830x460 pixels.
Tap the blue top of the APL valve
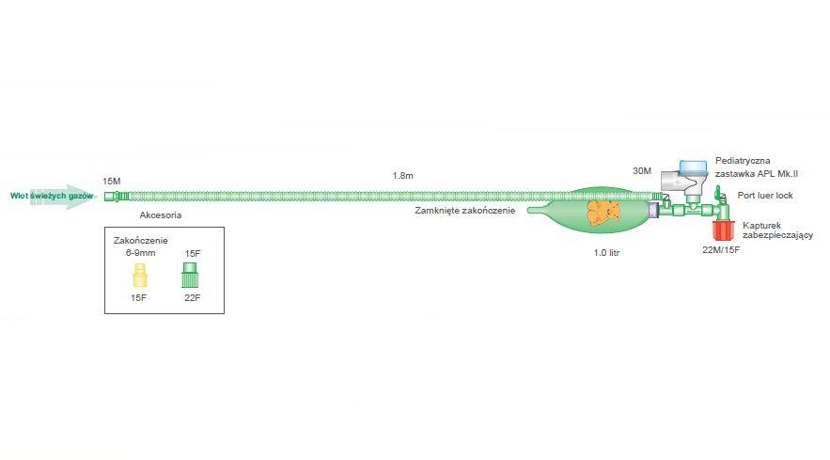tap(694, 167)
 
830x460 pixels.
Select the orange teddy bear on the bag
tap(602, 212)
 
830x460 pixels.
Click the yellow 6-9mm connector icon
tap(142, 276)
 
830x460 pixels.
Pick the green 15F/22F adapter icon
tap(190, 277)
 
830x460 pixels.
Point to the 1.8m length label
tap(403, 176)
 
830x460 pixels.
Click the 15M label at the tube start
tap(112, 180)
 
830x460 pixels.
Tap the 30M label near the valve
tap(642, 171)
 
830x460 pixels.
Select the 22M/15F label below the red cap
tap(721, 250)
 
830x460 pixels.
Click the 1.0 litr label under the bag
tap(606, 253)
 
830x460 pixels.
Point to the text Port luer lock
tap(766, 196)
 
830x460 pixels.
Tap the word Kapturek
tap(761, 226)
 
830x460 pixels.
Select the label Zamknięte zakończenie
tap(465, 211)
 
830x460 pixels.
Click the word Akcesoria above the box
tap(160, 215)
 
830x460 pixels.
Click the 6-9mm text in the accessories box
tap(142, 253)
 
